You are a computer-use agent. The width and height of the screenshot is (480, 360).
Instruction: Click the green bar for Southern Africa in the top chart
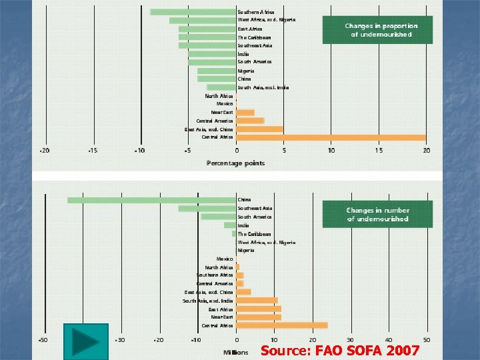pos(193,12)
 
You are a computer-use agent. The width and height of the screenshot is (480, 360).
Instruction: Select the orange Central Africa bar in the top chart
pos(331,137)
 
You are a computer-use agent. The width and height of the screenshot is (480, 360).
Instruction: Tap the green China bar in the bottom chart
pos(152,200)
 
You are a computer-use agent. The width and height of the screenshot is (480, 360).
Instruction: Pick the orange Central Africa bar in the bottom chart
pos(282,325)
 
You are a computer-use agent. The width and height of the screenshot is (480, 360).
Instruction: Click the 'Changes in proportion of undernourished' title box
pos(381,30)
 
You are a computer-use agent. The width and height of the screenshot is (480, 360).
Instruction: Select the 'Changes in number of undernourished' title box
pos(377,215)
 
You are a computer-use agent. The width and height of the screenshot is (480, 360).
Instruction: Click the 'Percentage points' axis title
pos(235,163)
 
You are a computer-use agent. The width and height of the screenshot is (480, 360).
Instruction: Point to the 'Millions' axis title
pos(235,352)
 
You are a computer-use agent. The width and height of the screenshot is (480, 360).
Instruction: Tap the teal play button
pos(85,342)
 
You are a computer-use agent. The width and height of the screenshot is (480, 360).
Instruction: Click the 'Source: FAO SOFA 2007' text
pos(340,351)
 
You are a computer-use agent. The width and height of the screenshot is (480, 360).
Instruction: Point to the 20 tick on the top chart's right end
pos(426,151)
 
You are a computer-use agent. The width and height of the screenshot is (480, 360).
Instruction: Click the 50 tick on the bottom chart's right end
pos(427,340)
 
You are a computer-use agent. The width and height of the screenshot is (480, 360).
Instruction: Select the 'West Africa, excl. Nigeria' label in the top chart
pos(267,20)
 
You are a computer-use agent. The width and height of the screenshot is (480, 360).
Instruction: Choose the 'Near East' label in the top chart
pos(222,113)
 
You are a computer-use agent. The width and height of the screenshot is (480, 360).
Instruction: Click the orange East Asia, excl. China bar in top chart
pos(259,129)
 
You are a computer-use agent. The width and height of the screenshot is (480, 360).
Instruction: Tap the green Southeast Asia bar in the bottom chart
pos(207,209)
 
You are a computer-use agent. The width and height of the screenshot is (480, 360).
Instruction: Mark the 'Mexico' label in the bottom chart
pos(225,259)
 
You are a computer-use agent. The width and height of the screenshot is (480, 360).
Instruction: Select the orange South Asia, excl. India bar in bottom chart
pos(257,301)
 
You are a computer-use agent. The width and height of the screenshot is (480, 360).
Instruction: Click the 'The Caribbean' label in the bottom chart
pos(254,234)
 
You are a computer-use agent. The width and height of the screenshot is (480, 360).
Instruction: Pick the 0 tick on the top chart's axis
pos(236,151)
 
